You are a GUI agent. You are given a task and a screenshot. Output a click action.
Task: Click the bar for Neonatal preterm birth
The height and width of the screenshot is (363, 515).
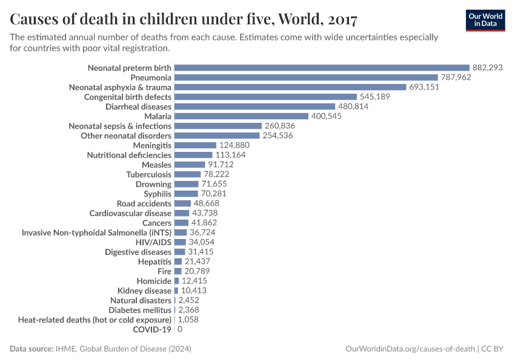pyautogui.click(x=322, y=68)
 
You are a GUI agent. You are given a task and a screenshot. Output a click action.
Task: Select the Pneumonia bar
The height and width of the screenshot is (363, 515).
pyautogui.click(x=306, y=77)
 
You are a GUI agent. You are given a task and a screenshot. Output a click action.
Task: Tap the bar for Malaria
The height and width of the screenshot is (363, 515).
pyautogui.click(x=241, y=116)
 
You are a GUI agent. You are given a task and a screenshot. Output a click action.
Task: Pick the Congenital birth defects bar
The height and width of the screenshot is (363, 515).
pyautogui.click(x=265, y=97)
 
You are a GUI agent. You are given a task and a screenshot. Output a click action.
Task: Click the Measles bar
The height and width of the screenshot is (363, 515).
pyautogui.click(x=190, y=165)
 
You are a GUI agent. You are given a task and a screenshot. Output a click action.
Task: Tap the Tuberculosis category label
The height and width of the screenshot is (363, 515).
pyautogui.click(x=148, y=174)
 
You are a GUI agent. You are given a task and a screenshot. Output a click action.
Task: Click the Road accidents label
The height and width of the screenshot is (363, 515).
pyautogui.click(x=144, y=203)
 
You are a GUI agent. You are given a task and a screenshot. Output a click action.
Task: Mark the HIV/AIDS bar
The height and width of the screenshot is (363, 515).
pyautogui.click(x=180, y=242)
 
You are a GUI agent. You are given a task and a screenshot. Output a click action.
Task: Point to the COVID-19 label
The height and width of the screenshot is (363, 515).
pyautogui.click(x=152, y=329)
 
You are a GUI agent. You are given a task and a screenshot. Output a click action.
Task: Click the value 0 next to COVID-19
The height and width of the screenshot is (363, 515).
pyautogui.click(x=180, y=329)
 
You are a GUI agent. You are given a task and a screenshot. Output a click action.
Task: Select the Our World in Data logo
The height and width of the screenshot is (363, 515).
pyautogui.click(x=485, y=20)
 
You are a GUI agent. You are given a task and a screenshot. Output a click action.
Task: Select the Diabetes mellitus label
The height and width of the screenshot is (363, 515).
pyautogui.click(x=141, y=310)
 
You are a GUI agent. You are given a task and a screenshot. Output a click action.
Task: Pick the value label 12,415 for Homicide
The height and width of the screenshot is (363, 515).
pyautogui.click(x=194, y=281)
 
